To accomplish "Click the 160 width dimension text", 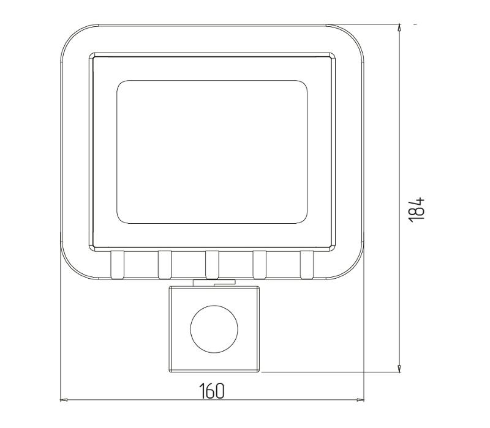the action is pos(212,391).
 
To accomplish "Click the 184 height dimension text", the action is pos(417,210).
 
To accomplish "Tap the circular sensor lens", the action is pos(214,329).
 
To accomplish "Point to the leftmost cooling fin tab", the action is pos(117,265).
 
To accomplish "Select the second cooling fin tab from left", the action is pos(165,265).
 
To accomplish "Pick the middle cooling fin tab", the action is pos(212,265).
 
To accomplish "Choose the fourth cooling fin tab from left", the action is pos(260,265).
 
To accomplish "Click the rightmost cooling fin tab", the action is pos(307,265).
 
